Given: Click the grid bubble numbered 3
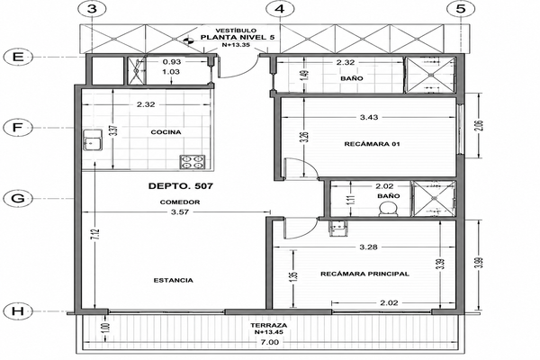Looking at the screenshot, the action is tap(92, 9).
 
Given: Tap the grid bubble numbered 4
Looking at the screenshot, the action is tap(280, 9).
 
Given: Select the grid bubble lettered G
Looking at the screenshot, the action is tap(18, 198).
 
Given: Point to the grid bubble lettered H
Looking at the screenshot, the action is tap(18, 311).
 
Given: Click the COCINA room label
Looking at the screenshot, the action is tap(166, 132).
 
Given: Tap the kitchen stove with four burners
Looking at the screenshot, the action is tap(193, 162).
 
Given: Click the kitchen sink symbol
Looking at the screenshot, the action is tap(93, 139).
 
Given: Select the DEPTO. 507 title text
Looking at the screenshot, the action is tap(181, 186).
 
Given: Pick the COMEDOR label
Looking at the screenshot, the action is tap(180, 202).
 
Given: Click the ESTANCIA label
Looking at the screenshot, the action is tap(173, 281).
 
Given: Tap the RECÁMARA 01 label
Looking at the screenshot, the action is tap(372, 144).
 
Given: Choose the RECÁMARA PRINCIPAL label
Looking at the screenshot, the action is tap(365, 274).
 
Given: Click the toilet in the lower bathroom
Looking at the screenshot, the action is tap(388, 209).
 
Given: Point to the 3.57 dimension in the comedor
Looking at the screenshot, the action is tap(180, 212).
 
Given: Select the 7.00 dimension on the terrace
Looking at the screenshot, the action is tap(270, 342).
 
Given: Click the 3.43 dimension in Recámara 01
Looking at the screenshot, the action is tap(369, 118).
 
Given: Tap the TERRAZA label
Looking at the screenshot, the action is tap(269, 326).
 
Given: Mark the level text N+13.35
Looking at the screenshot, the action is tap(236, 45).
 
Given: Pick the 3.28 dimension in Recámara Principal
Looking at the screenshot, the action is tap(368, 247).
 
